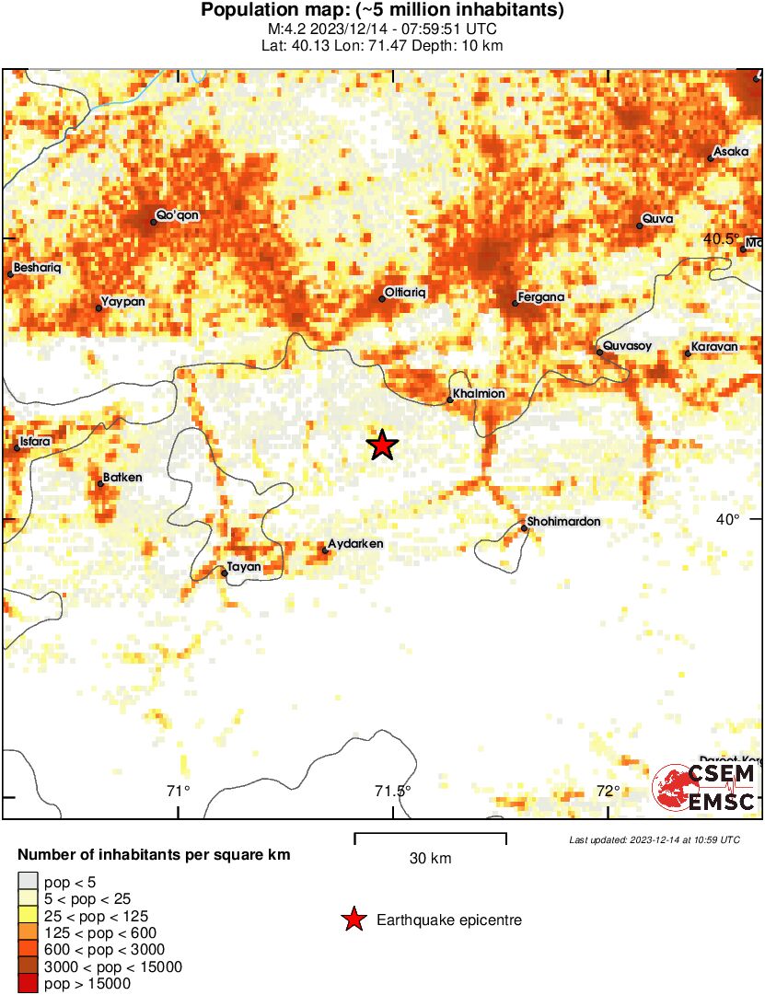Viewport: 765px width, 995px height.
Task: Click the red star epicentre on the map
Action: (x=382, y=445)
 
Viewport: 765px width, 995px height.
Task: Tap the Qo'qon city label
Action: (x=178, y=215)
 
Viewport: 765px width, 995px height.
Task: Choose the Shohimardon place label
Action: (x=564, y=522)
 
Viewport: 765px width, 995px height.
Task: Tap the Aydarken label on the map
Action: (x=355, y=544)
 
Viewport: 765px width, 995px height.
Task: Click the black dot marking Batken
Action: (x=100, y=483)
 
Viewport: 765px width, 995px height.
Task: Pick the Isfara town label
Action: (x=36, y=442)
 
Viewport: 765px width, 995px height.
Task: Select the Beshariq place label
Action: (x=38, y=268)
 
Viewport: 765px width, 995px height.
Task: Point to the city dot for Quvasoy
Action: (x=599, y=352)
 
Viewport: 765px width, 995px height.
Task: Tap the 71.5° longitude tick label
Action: (x=393, y=791)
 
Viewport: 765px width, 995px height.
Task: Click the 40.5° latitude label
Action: (x=721, y=239)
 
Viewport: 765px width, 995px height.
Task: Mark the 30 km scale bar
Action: (x=430, y=838)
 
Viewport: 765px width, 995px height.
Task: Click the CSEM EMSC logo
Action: (x=704, y=788)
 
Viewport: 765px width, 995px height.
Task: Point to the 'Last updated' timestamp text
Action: (x=655, y=839)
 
